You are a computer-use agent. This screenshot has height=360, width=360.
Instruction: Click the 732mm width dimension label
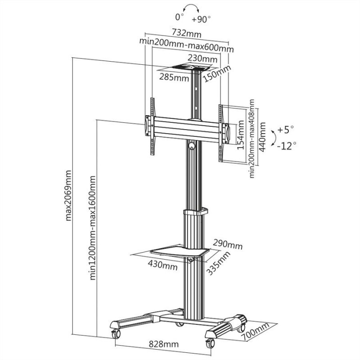[x=186, y=33]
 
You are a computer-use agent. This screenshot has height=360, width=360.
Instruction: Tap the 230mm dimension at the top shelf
[x=202, y=58]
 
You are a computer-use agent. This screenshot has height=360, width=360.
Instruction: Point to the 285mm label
[x=173, y=77]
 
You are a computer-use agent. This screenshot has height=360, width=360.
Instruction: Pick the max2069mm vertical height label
[x=69, y=195]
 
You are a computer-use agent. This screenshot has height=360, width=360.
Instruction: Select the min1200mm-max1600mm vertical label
[x=93, y=229]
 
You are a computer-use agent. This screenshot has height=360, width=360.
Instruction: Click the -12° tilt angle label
[x=286, y=145]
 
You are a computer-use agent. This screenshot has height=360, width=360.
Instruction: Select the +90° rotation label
[x=201, y=20]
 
